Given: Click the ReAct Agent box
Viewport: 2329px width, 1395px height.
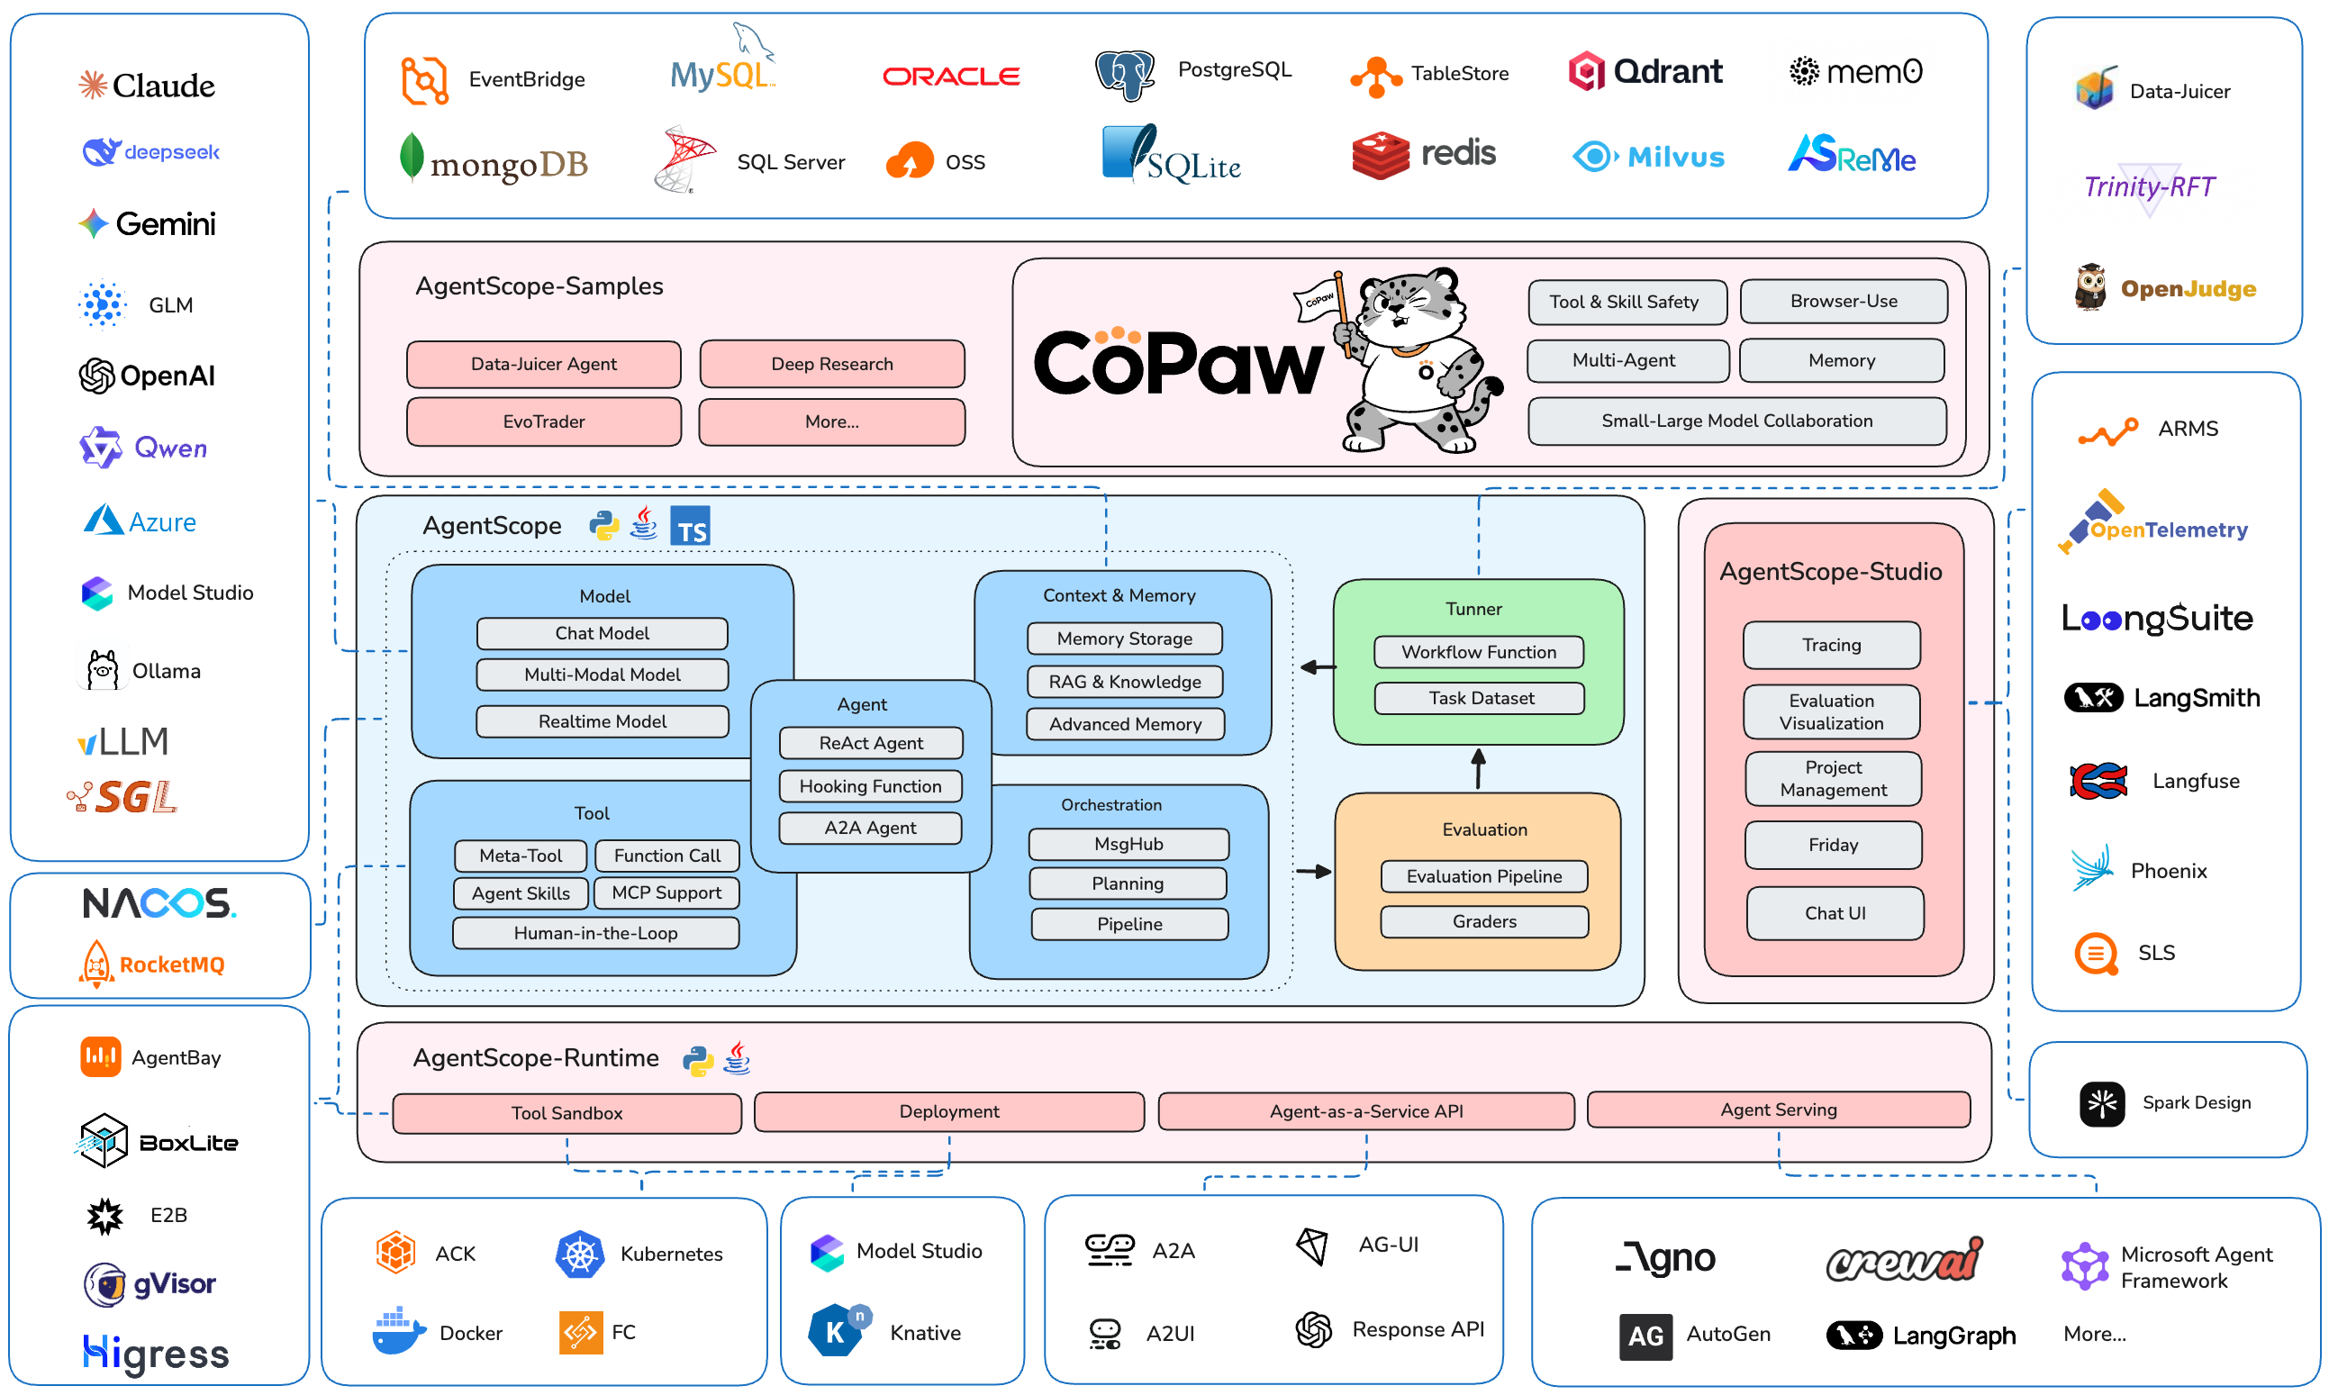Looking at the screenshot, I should (x=870, y=743).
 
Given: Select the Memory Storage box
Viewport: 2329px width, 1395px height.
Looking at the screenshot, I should (x=1124, y=639).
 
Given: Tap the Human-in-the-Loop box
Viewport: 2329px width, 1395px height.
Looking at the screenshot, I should (x=595, y=933).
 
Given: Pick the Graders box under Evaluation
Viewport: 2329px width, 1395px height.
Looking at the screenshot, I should (x=1484, y=921).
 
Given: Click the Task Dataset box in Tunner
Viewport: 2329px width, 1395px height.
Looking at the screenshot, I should (x=1481, y=697).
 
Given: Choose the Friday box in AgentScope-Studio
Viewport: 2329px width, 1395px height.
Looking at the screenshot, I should (x=1833, y=845).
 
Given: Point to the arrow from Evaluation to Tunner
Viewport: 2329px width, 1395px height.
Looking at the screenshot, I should (x=1478, y=769).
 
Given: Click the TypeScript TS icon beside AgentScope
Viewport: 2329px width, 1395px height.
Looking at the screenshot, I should (x=690, y=527).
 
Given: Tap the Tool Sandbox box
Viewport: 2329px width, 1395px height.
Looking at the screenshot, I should (x=566, y=1113).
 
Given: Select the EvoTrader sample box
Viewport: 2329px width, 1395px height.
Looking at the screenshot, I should (x=543, y=421).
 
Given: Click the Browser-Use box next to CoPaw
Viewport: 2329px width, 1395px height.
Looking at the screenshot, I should (x=1843, y=301).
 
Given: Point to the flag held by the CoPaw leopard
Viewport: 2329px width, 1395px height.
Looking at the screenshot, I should (x=1319, y=299).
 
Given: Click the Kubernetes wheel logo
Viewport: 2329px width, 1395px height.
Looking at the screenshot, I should (x=580, y=1254).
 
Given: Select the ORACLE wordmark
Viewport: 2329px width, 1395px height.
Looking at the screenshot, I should (x=951, y=77).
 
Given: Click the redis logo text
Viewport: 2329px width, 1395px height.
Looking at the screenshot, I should (x=1458, y=152).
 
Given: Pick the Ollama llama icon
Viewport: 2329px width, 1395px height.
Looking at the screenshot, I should (x=103, y=670).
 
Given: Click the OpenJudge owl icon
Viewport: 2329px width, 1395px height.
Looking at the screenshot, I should (x=2090, y=287).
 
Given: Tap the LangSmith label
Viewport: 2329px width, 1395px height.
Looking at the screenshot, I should (x=2196, y=697).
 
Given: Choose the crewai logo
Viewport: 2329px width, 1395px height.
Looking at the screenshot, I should (x=1904, y=1260).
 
